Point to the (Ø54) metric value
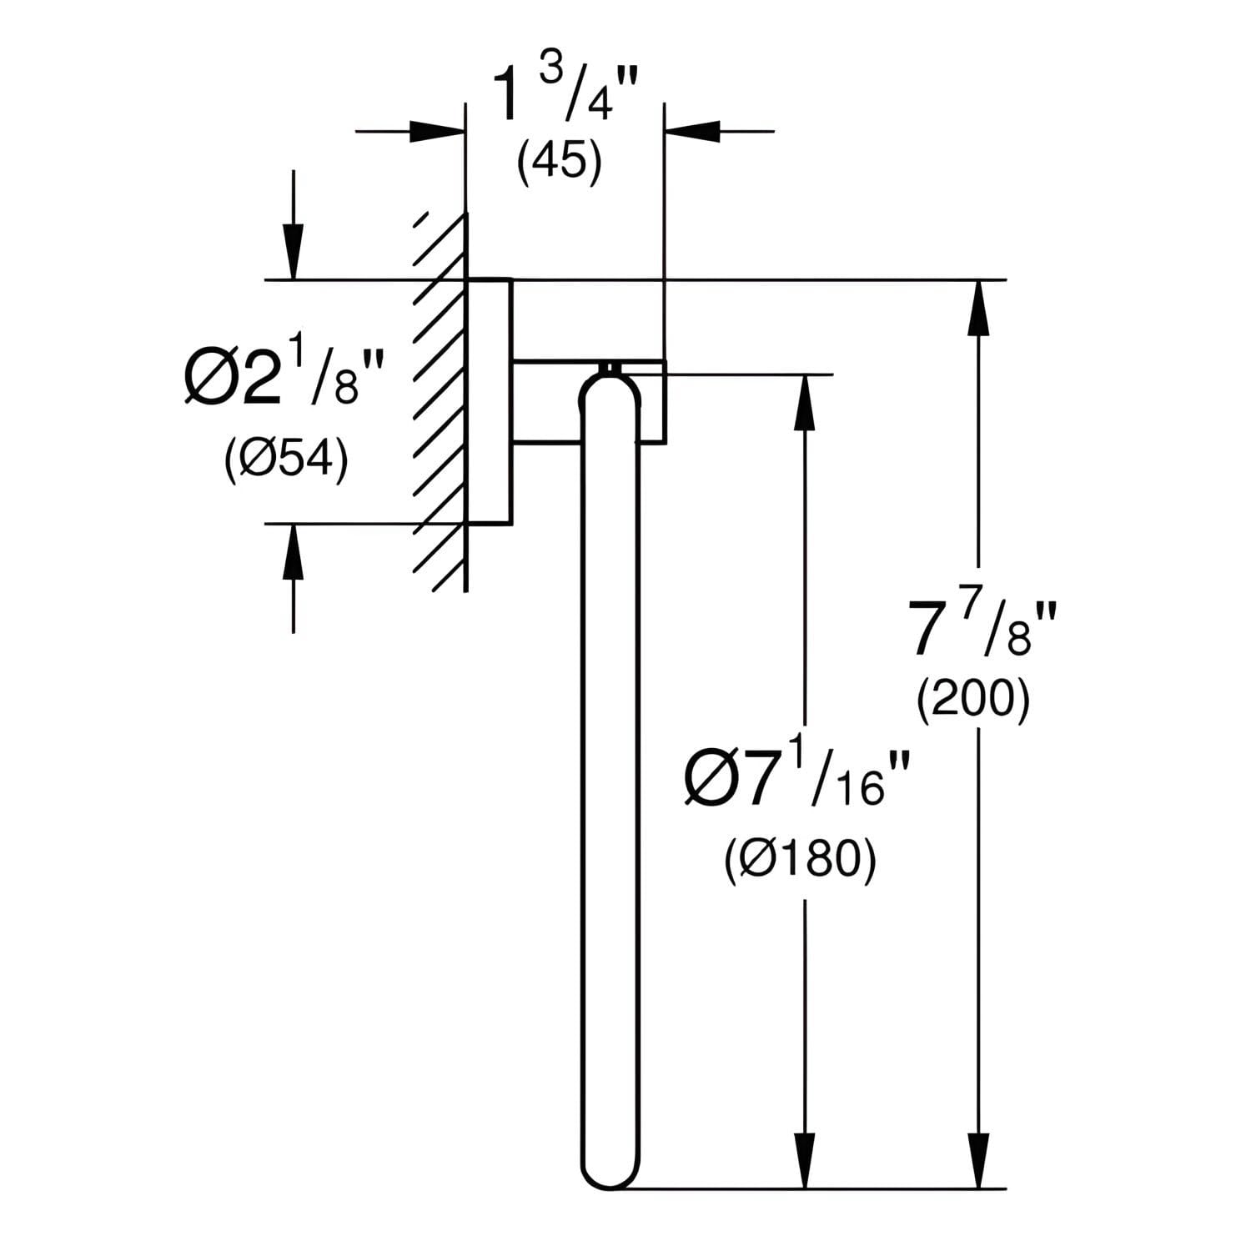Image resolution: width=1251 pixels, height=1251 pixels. pos(286,459)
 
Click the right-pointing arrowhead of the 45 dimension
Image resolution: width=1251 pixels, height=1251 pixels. pos(437,131)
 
